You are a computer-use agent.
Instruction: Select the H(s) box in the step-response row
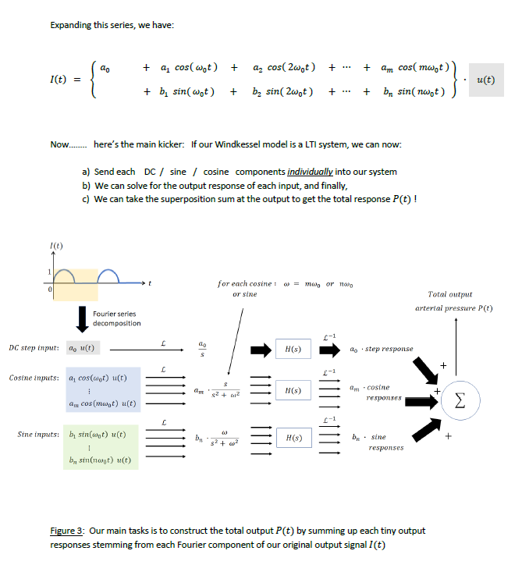[x=289, y=348]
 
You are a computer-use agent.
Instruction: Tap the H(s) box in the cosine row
[x=289, y=390]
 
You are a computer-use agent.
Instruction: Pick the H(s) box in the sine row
[x=289, y=439]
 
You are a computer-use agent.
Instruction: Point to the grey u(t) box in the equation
[x=484, y=80]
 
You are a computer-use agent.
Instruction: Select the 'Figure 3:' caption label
[x=67, y=531]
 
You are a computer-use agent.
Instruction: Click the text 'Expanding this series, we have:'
[x=112, y=26]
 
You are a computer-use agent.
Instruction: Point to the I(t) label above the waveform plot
[x=54, y=247]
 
